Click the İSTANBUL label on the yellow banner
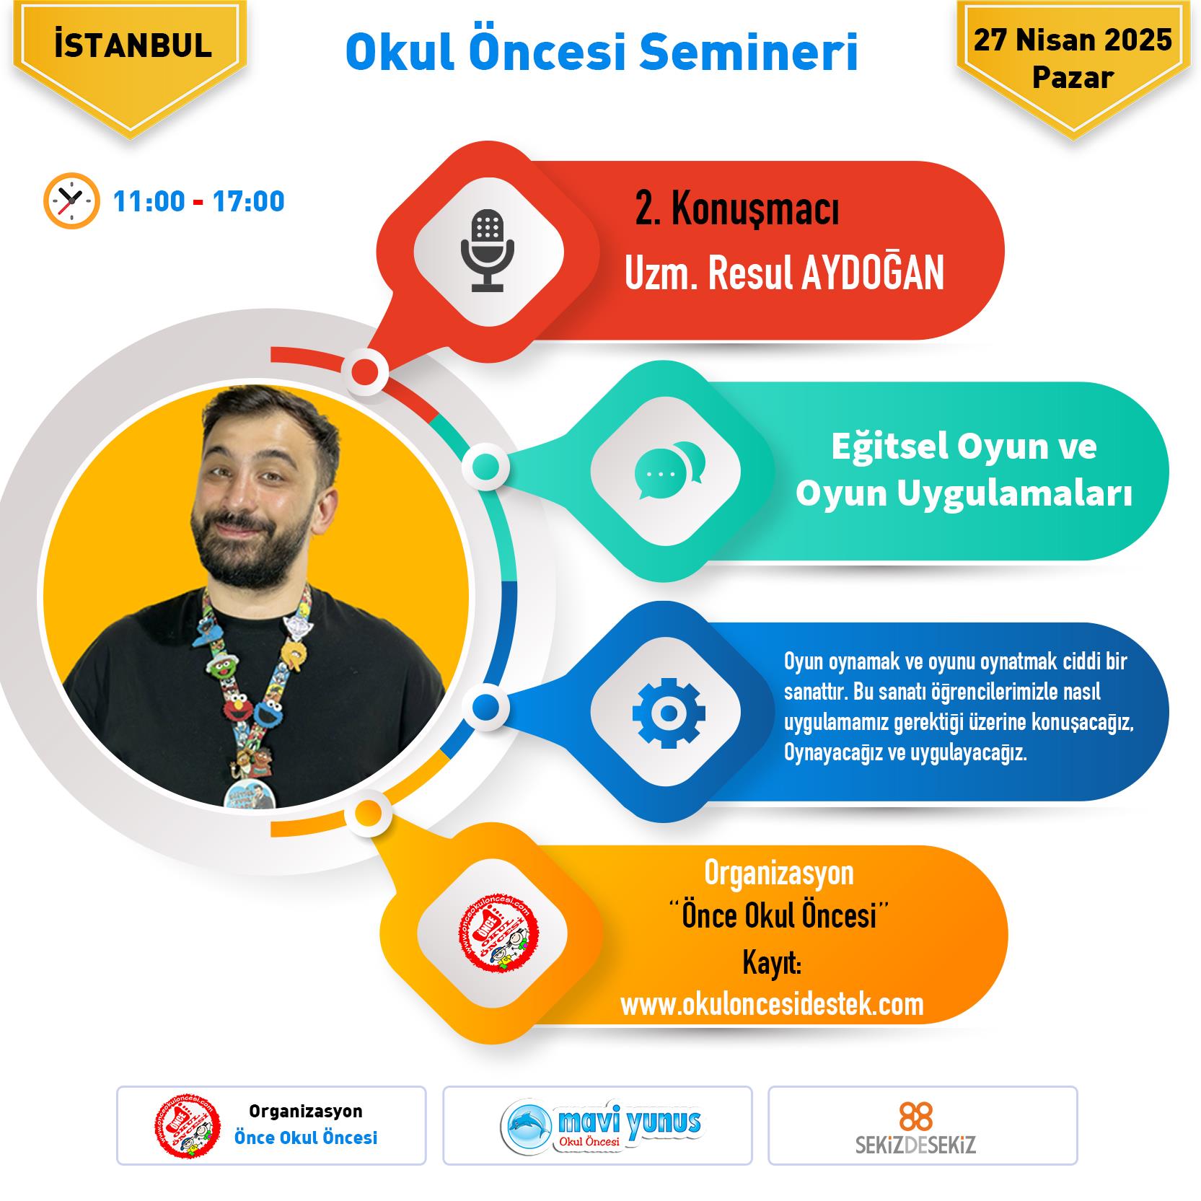133,45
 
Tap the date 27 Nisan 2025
1073,40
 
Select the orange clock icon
71,201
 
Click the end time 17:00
249,201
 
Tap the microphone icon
488,250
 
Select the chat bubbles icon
669,470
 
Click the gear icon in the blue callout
669,713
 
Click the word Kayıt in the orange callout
772,964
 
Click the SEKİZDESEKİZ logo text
916,1145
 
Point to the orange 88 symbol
916,1117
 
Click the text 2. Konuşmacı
736,210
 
